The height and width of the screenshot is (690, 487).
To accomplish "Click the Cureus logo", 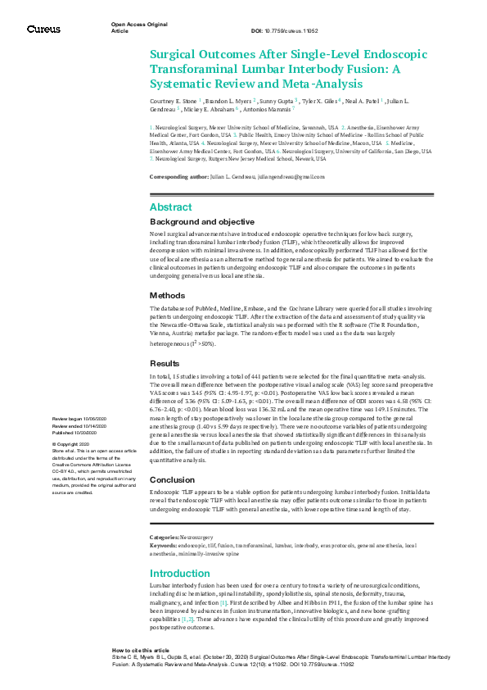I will [x=43, y=29].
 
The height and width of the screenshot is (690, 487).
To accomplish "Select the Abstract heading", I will [x=171, y=207].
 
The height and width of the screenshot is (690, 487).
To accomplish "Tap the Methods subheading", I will [x=168, y=295].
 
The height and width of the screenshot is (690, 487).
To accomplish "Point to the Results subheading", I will [x=166, y=363].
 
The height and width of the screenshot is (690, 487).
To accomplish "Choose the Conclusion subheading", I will [x=173, y=480].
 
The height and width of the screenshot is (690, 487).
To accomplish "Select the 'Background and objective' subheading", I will [x=202, y=222].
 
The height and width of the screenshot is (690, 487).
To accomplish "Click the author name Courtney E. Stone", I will [x=173, y=98].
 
